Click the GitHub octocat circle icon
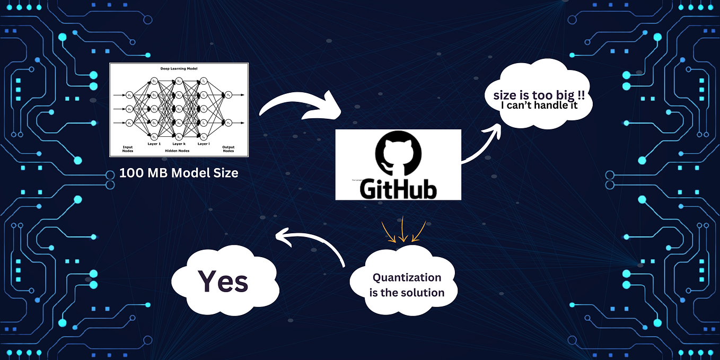pyautogui.click(x=398, y=155)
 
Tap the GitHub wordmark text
pyautogui.click(x=398, y=188)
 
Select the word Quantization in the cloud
pyautogui.click(x=407, y=277)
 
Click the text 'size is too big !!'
pyautogui.click(x=539, y=96)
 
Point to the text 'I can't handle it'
pyautogui.click(x=539, y=106)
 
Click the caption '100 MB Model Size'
pyautogui.click(x=179, y=172)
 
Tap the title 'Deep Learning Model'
pyautogui.click(x=179, y=69)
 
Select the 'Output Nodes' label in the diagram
pyautogui.click(x=228, y=148)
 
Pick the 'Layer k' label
pyautogui.click(x=179, y=144)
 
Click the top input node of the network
pyautogui.click(x=130, y=95)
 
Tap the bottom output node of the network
pyautogui.click(x=228, y=122)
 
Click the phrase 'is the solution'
pyautogui.click(x=407, y=292)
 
